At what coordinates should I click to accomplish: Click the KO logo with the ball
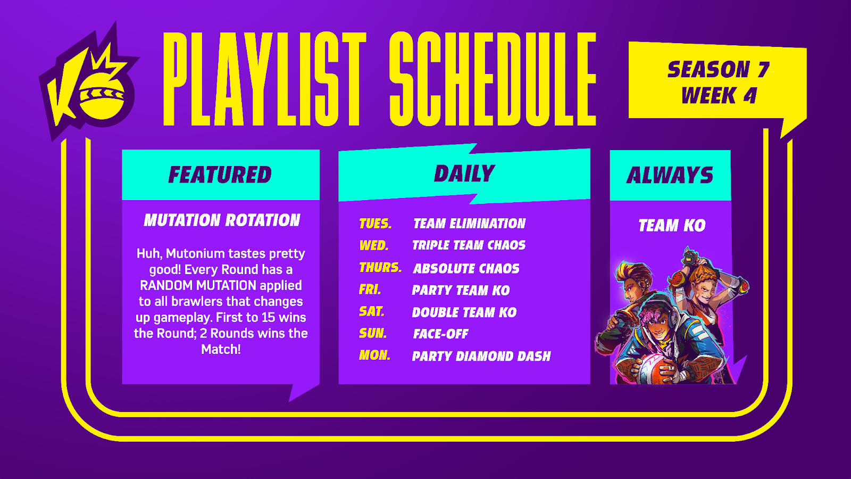pyautogui.click(x=89, y=82)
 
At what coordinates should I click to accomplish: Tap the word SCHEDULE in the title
pyautogui.click(x=493, y=79)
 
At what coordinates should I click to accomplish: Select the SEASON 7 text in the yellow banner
pyautogui.click(x=718, y=70)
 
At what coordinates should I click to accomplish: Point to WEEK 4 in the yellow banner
pyautogui.click(x=719, y=95)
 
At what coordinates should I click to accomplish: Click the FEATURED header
pyautogui.click(x=220, y=175)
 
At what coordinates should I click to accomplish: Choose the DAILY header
pyautogui.click(x=464, y=174)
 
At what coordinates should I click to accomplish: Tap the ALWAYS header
pyautogui.click(x=670, y=175)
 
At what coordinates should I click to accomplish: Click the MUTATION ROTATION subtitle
pyautogui.click(x=222, y=220)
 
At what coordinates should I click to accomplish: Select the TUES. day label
pyautogui.click(x=376, y=224)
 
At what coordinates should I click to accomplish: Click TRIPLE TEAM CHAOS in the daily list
pyautogui.click(x=469, y=245)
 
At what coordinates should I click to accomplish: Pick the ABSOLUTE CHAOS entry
pyautogui.click(x=466, y=269)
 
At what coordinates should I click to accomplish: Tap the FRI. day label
pyautogui.click(x=370, y=290)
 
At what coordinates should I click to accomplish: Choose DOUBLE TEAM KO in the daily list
pyautogui.click(x=464, y=312)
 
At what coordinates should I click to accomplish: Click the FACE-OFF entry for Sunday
pyautogui.click(x=441, y=334)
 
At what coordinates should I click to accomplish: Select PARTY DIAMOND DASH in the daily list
pyautogui.click(x=481, y=356)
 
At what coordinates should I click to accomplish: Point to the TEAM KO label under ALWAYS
pyautogui.click(x=672, y=226)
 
